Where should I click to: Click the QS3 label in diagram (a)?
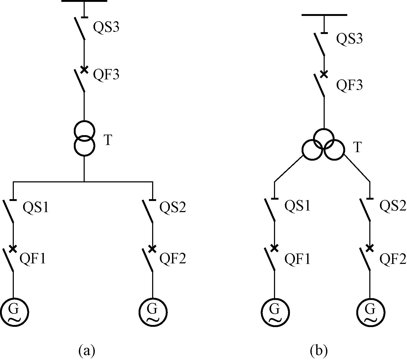click(106, 27)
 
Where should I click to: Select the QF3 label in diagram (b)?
click(349, 85)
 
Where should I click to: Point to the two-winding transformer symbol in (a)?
click(84, 138)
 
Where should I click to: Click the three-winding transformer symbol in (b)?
click(323, 145)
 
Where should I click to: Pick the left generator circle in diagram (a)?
click(14, 312)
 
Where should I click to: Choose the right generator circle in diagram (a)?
click(153, 312)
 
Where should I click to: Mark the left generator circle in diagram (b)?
click(275, 312)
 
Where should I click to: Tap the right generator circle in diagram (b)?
click(370, 312)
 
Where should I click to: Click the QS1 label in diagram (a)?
click(36, 207)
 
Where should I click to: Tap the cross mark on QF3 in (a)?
click(84, 70)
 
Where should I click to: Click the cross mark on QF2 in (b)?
click(370, 248)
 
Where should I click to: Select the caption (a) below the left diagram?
click(87, 351)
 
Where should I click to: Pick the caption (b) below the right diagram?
click(319, 351)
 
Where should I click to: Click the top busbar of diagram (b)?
click(324, 15)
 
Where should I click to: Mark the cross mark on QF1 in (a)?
click(13, 249)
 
